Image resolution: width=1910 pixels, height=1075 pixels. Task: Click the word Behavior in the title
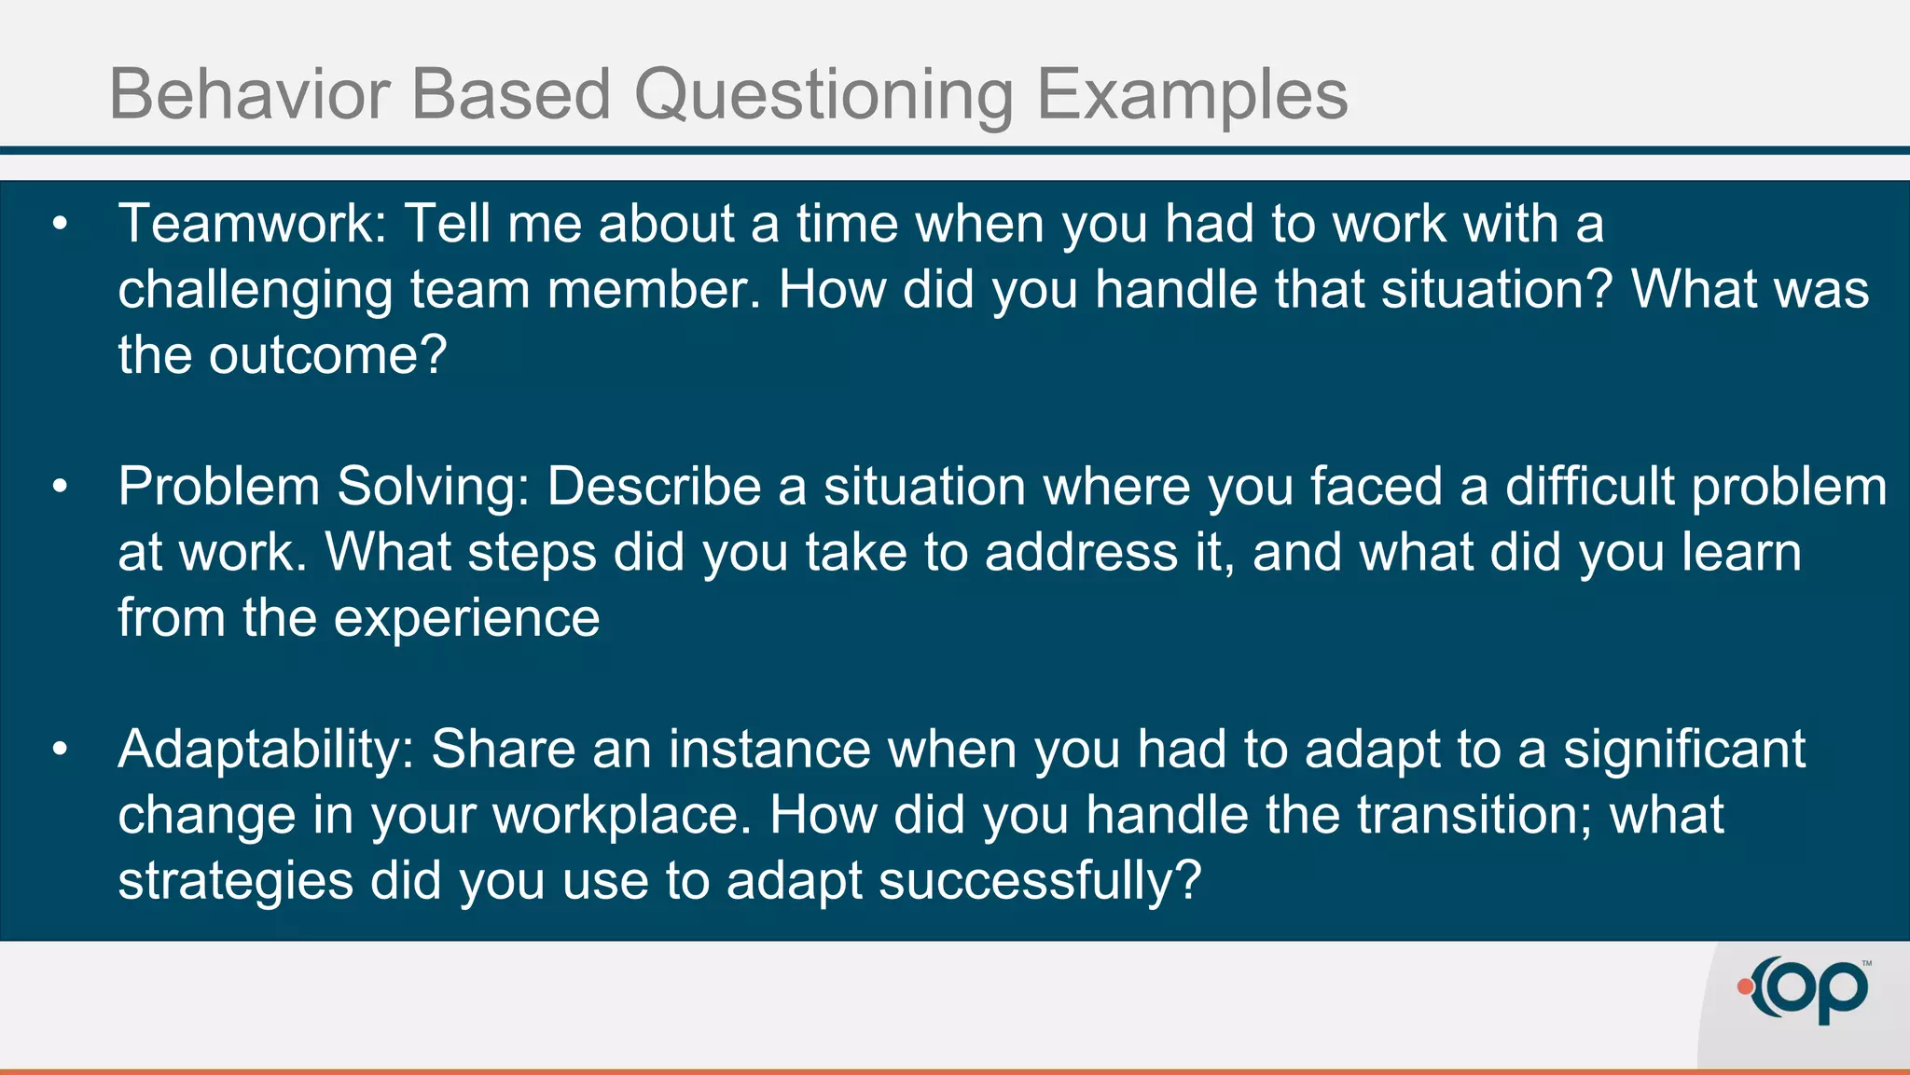pyautogui.click(x=249, y=94)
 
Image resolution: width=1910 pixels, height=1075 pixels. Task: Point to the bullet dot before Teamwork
pyautogui.click(x=61, y=224)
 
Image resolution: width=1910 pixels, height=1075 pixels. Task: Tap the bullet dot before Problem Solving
pyautogui.click(x=61, y=487)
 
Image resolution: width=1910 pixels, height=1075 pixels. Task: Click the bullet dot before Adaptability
pyautogui.click(x=61, y=749)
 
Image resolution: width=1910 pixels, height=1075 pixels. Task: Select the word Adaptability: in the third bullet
pyautogui.click(x=266, y=751)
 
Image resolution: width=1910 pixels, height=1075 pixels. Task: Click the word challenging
pyautogui.click(x=255, y=291)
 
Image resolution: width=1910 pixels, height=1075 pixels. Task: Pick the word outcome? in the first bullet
pyautogui.click(x=327, y=356)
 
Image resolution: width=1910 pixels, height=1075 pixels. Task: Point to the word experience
pyautogui.click(x=466, y=619)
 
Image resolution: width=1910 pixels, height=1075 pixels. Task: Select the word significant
pyautogui.click(x=1683, y=750)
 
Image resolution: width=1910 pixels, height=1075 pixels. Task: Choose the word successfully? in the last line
pyautogui.click(x=1039, y=881)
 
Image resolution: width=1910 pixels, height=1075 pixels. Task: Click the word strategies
pyautogui.click(x=235, y=882)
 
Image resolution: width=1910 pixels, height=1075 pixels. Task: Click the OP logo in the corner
pyautogui.click(x=1809, y=990)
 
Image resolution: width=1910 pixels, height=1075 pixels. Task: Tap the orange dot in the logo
pyautogui.click(x=1745, y=986)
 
